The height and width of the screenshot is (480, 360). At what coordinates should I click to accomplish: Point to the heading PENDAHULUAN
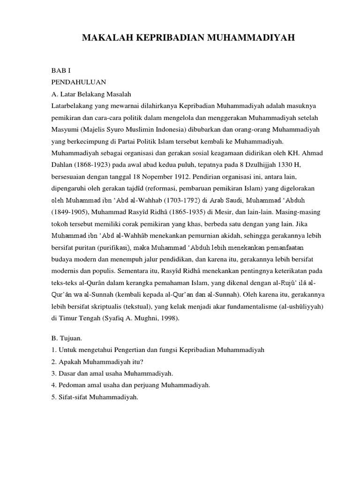[78, 81]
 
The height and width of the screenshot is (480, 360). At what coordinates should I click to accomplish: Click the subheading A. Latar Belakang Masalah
[91, 92]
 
